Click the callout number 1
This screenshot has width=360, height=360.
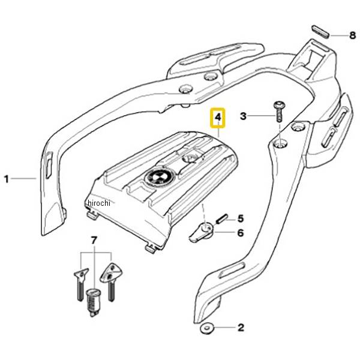tap(7, 179)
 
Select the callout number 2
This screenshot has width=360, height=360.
tap(240, 328)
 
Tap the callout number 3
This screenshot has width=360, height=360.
tap(243, 116)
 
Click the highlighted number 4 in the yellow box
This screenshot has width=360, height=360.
tap(218, 118)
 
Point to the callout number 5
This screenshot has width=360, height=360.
tap(240, 218)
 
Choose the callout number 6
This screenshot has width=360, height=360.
tap(240, 232)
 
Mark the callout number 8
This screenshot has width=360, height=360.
tap(352, 35)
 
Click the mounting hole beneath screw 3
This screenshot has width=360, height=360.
tap(280, 144)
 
